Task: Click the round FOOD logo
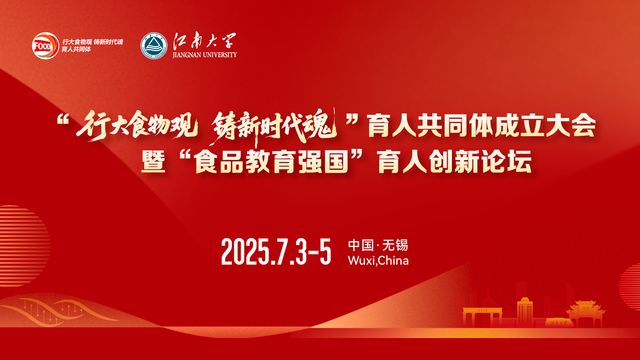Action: (45, 46)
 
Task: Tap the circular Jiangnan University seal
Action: (154, 46)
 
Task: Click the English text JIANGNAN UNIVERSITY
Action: (205, 55)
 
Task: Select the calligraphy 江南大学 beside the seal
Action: (205, 40)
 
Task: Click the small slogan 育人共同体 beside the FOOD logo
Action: (76, 49)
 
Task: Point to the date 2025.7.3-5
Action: (276, 252)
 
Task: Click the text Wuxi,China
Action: (378, 260)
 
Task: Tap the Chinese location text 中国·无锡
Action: (378, 245)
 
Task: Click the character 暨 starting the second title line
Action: (153, 162)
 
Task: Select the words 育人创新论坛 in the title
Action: (455, 162)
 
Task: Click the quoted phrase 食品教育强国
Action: (272, 162)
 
